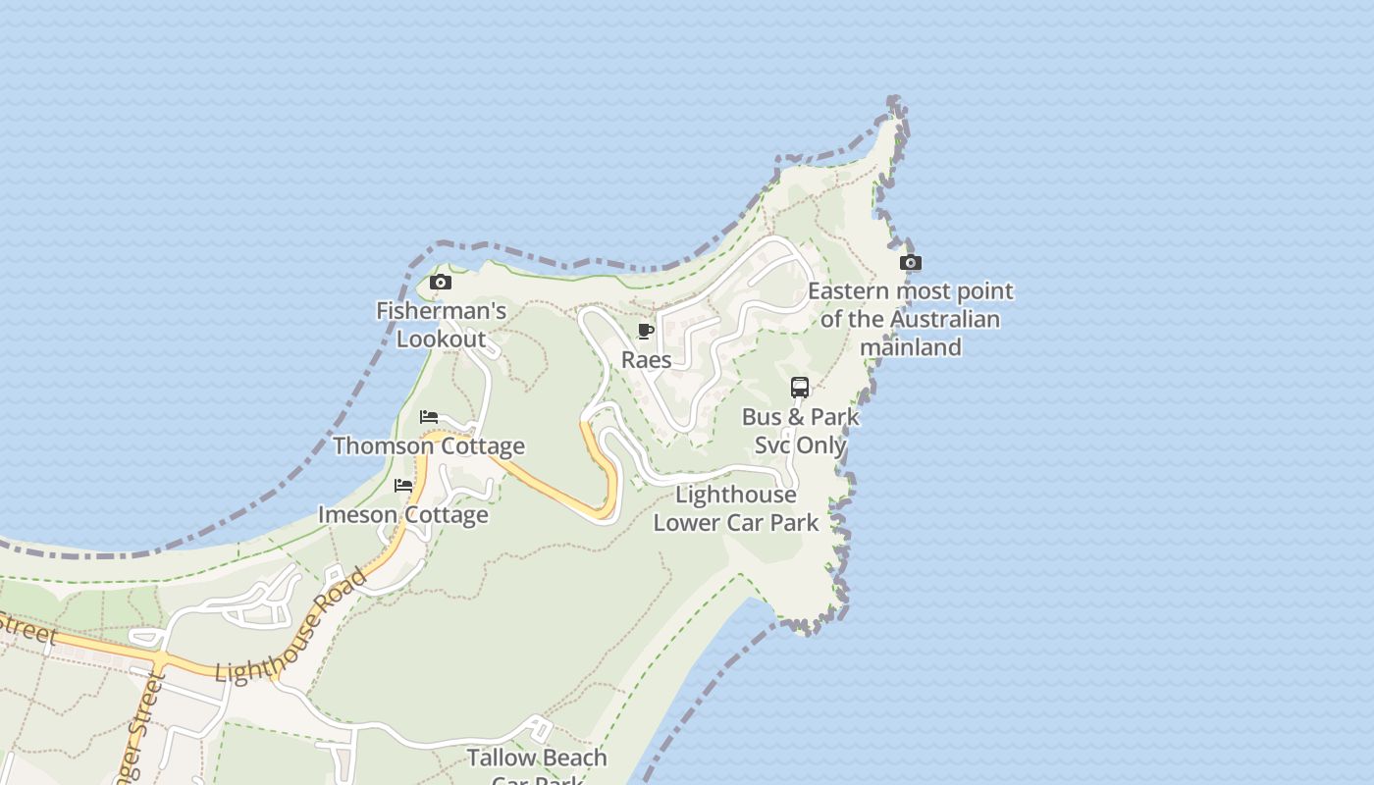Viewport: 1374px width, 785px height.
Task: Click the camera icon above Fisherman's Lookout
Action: (x=441, y=283)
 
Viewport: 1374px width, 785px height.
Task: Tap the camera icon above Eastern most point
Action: (x=911, y=263)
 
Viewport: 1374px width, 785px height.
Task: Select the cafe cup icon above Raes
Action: (x=646, y=332)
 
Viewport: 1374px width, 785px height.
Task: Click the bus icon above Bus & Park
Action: (x=800, y=388)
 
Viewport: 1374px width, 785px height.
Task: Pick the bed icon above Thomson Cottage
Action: (x=429, y=417)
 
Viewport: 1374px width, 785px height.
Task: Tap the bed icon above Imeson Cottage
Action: (x=403, y=486)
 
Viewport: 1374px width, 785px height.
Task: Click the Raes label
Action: (x=647, y=360)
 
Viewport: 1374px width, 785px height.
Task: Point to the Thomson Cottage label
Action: (x=429, y=446)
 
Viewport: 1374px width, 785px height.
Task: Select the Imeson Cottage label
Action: (x=403, y=515)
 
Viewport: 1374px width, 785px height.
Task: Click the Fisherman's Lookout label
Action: (x=442, y=326)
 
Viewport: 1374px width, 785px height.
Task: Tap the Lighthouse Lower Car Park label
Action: (x=736, y=508)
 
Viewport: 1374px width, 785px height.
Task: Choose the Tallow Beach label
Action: (x=537, y=759)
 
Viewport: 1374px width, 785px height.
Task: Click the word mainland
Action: (x=911, y=347)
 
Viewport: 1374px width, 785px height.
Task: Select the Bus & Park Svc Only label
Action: (x=800, y=431)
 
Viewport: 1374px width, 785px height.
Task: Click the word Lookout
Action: (x=442, y=340)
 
